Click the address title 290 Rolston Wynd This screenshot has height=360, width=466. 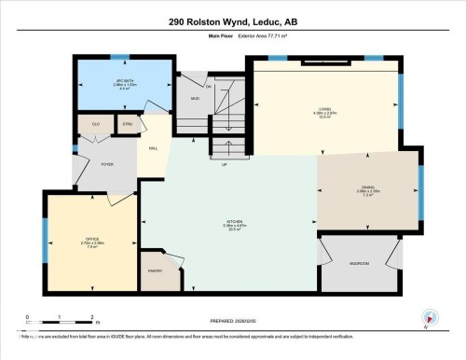[232, 21]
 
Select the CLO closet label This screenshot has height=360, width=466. [94, 124]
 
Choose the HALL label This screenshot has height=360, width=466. [152, 147]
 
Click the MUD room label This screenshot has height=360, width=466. [196, 98]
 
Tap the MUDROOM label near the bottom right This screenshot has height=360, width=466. [359, 263]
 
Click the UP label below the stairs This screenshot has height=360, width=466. [224, 165]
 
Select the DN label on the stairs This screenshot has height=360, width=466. [209, 86]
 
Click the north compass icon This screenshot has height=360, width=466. [430, 318]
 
